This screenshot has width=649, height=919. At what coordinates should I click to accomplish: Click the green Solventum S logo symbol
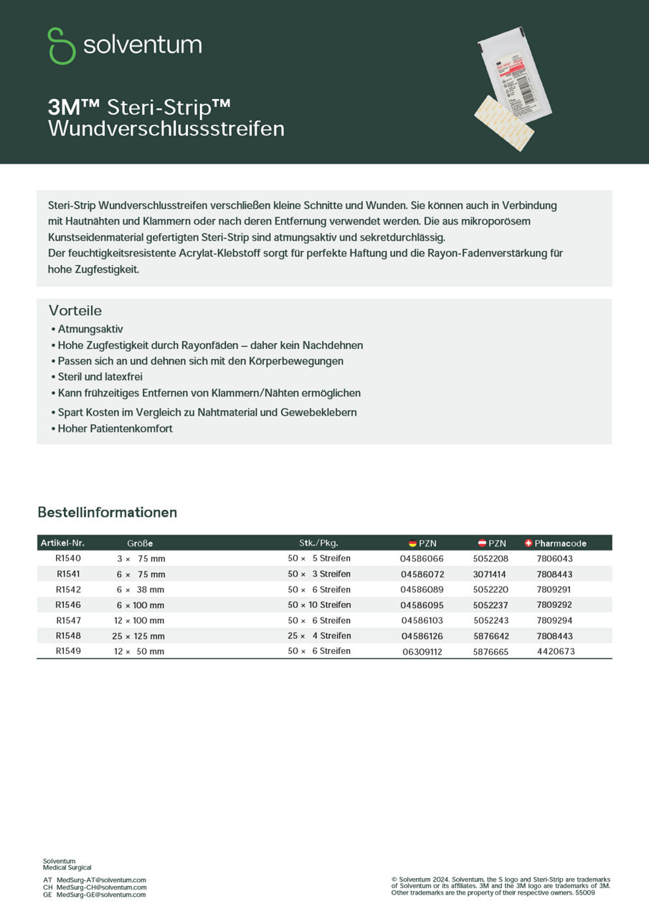(x=62, y=45)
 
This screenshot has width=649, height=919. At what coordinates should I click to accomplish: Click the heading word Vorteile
(x=75, y=311)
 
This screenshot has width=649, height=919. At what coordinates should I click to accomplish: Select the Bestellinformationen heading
(x=107, y=513)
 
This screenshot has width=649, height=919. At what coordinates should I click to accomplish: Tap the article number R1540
(x=68, y=559)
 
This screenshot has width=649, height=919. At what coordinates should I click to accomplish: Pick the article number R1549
(x=68, y=651)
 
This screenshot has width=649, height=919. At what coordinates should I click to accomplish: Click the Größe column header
(x=140, y=544)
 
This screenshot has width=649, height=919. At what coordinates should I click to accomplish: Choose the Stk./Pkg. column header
(x=318, y=543)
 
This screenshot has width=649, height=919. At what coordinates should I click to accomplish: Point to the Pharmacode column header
(x=560, y=544)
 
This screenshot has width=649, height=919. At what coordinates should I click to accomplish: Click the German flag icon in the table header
(x=412, y=544)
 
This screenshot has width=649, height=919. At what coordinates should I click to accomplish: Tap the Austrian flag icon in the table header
(x=482, y=544)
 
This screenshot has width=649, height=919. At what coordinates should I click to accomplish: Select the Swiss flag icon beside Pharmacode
(x=529, y=544)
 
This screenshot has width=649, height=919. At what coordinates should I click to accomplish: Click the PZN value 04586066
(x=422, y=559)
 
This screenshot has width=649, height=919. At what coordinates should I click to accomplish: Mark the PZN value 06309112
(x=422, y=652)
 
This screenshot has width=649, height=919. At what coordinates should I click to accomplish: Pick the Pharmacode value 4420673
(x=556, y=652)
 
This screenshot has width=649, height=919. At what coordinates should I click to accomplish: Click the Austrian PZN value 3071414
(x=490, y=574)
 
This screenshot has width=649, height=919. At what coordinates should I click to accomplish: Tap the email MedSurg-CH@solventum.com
(x=101, y=887)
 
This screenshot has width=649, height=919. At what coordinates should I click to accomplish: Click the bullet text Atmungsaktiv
(x=90, y=330)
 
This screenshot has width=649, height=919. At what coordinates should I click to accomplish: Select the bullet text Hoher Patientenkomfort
(x=115, y=429)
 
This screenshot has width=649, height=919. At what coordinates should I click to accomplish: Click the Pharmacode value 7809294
(x=554, y=620)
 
